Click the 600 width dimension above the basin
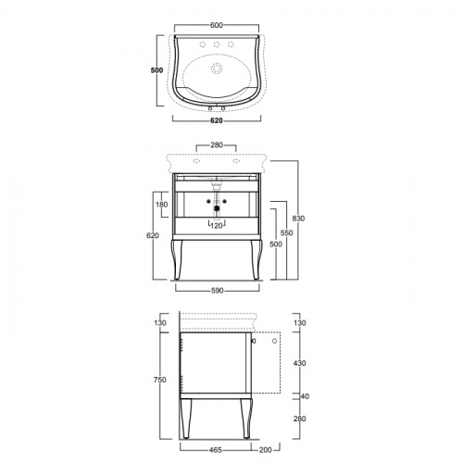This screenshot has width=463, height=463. coord(217,25)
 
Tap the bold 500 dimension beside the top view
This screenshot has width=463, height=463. coord(156,70)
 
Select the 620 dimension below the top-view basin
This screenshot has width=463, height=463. coord(217,120)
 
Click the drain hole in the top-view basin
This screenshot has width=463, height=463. coord(217,69)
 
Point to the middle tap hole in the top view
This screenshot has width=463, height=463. coord(217,44)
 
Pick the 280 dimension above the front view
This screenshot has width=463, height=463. coord(217,144)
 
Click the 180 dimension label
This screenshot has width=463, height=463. coord(162,205)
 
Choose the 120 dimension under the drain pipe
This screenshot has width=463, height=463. coord(217,226)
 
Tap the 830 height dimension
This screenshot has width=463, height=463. coord(298,219)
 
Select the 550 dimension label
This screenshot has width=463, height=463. coord(287,232)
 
